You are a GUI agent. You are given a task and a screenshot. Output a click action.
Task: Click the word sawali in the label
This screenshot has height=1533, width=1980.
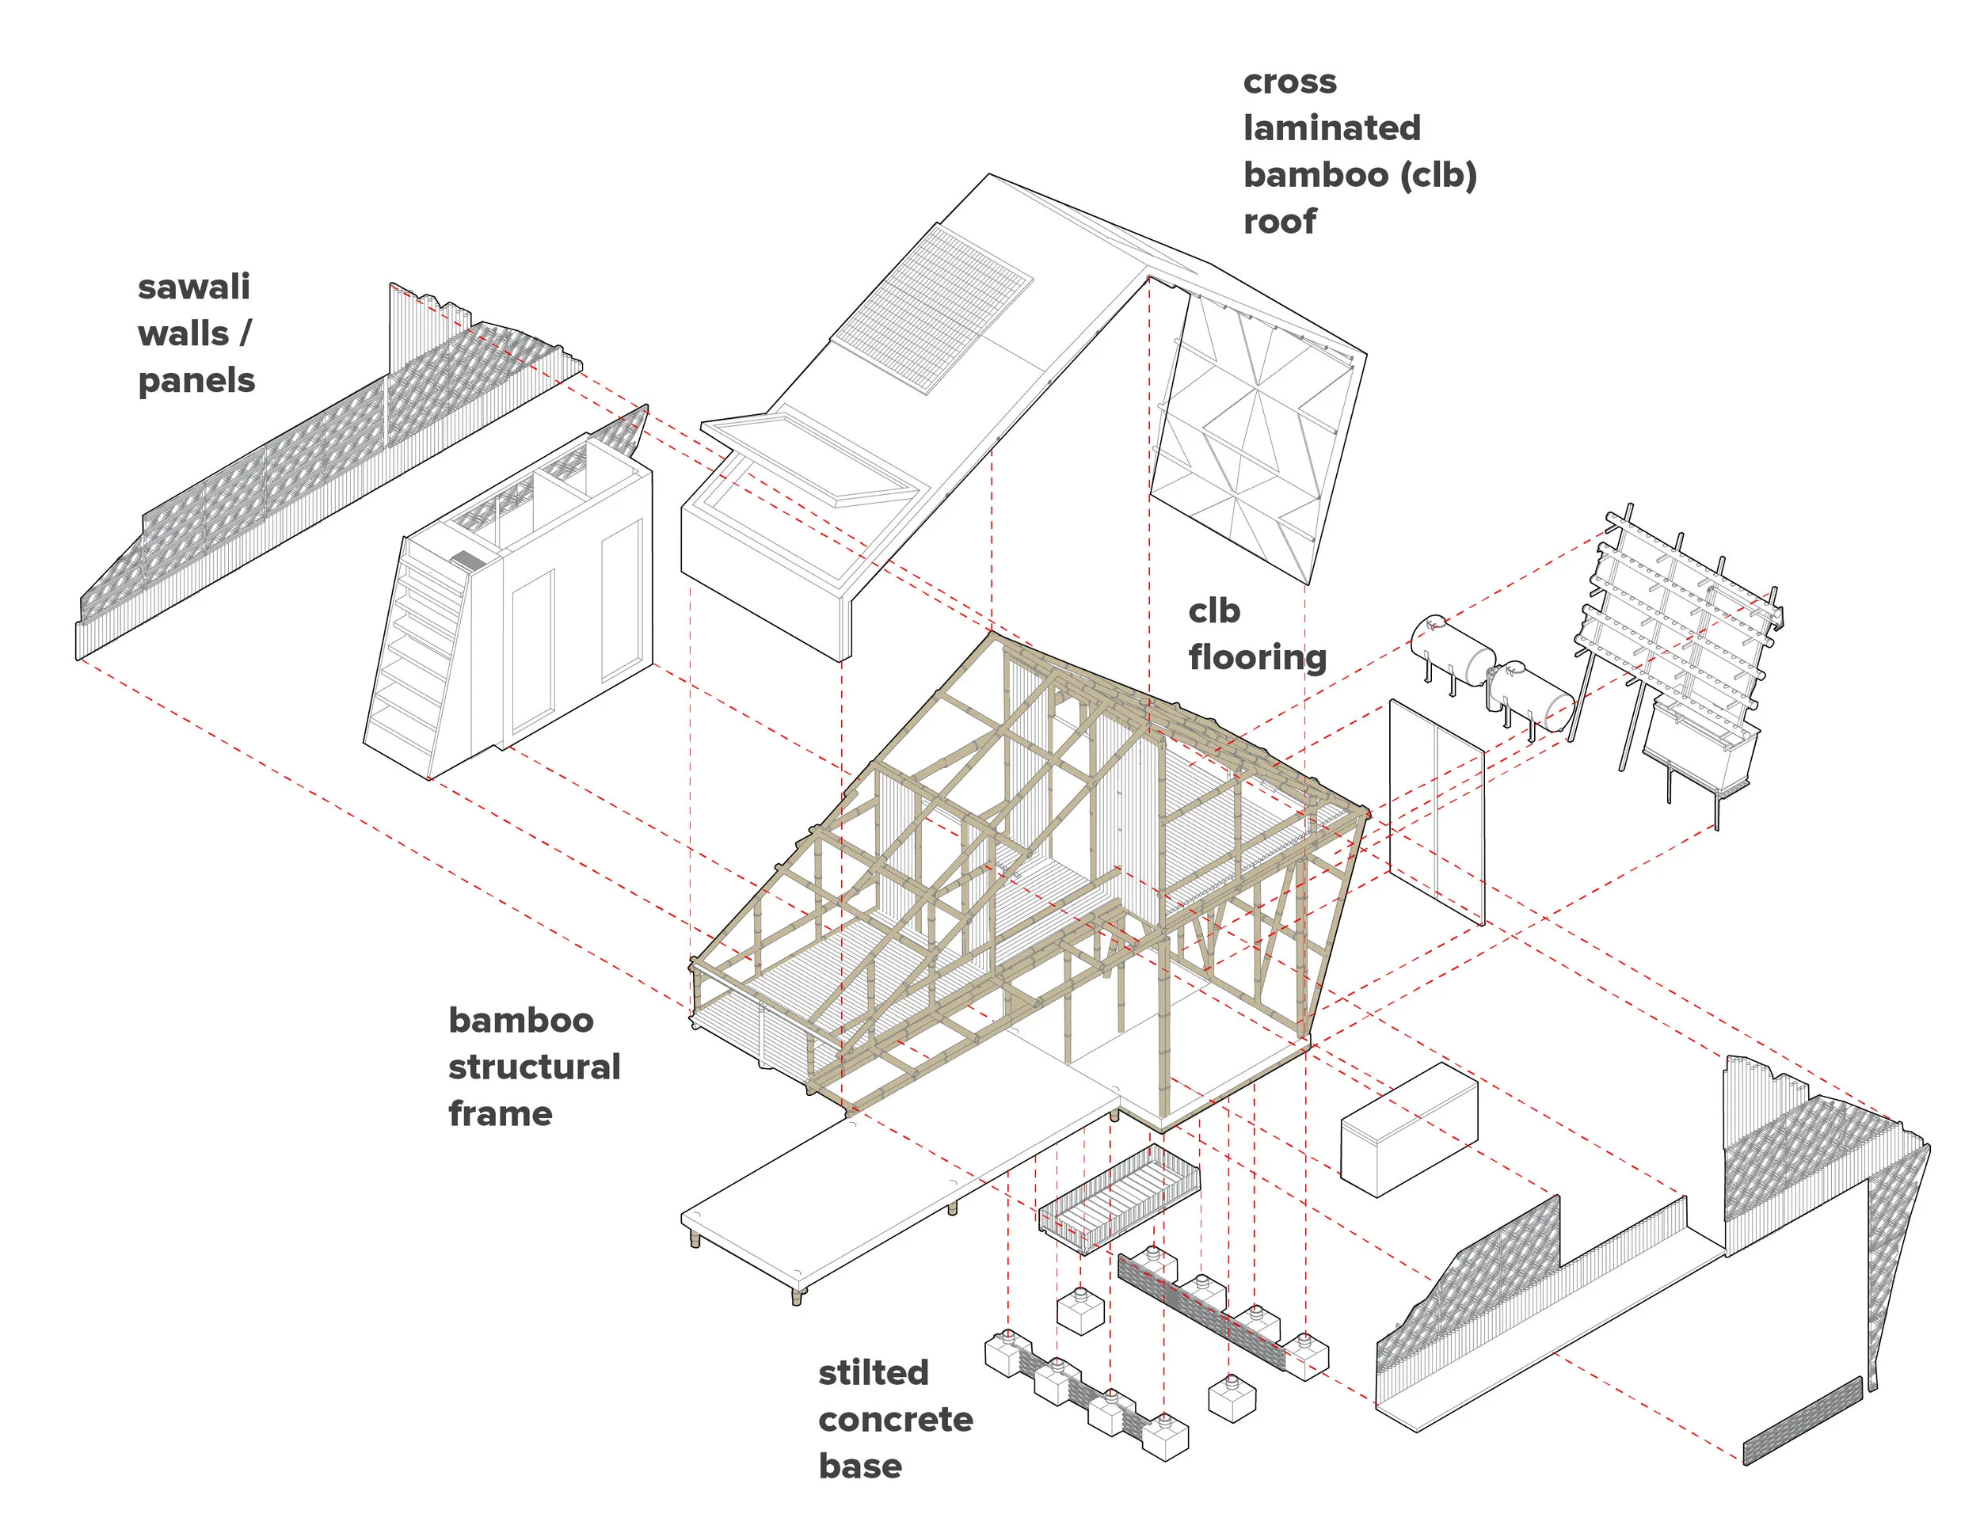(193, 287)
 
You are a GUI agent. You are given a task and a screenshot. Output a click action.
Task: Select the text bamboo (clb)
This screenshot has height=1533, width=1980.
(1359, 175)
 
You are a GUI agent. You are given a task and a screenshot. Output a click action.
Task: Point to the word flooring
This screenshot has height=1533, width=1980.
(1257, 657)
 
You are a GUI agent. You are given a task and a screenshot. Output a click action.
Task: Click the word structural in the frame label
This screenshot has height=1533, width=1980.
(534, 1067)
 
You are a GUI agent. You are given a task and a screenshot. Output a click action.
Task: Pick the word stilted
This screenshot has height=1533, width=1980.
(873, 1374)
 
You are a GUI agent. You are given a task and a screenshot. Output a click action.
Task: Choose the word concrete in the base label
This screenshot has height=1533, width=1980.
(895, 1420)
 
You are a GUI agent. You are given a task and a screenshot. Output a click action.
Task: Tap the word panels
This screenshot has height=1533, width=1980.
(196, 381)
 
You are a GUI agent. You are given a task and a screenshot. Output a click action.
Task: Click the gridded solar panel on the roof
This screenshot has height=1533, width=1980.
(934, 310)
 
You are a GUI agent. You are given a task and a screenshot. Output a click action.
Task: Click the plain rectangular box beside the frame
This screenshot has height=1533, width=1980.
(1408, 1131)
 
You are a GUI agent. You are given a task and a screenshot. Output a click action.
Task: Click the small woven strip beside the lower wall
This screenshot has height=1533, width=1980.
(1803, 1421)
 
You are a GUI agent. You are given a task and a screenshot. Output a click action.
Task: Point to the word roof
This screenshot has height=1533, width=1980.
(1279, 221)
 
